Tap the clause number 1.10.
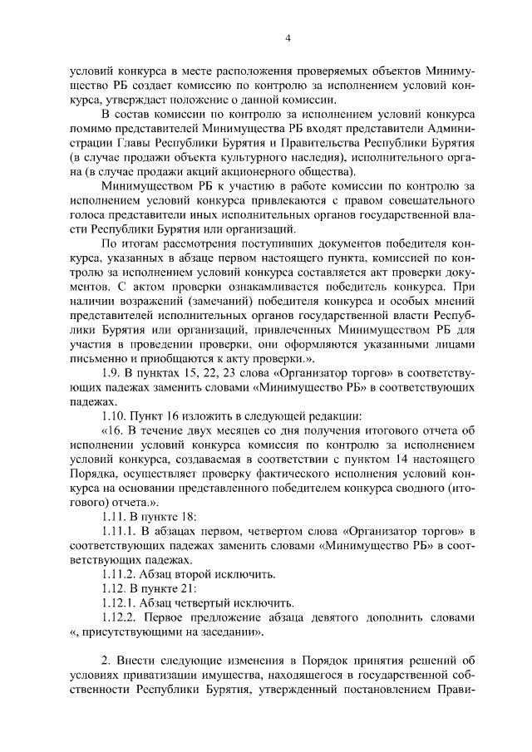coord(115,416)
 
